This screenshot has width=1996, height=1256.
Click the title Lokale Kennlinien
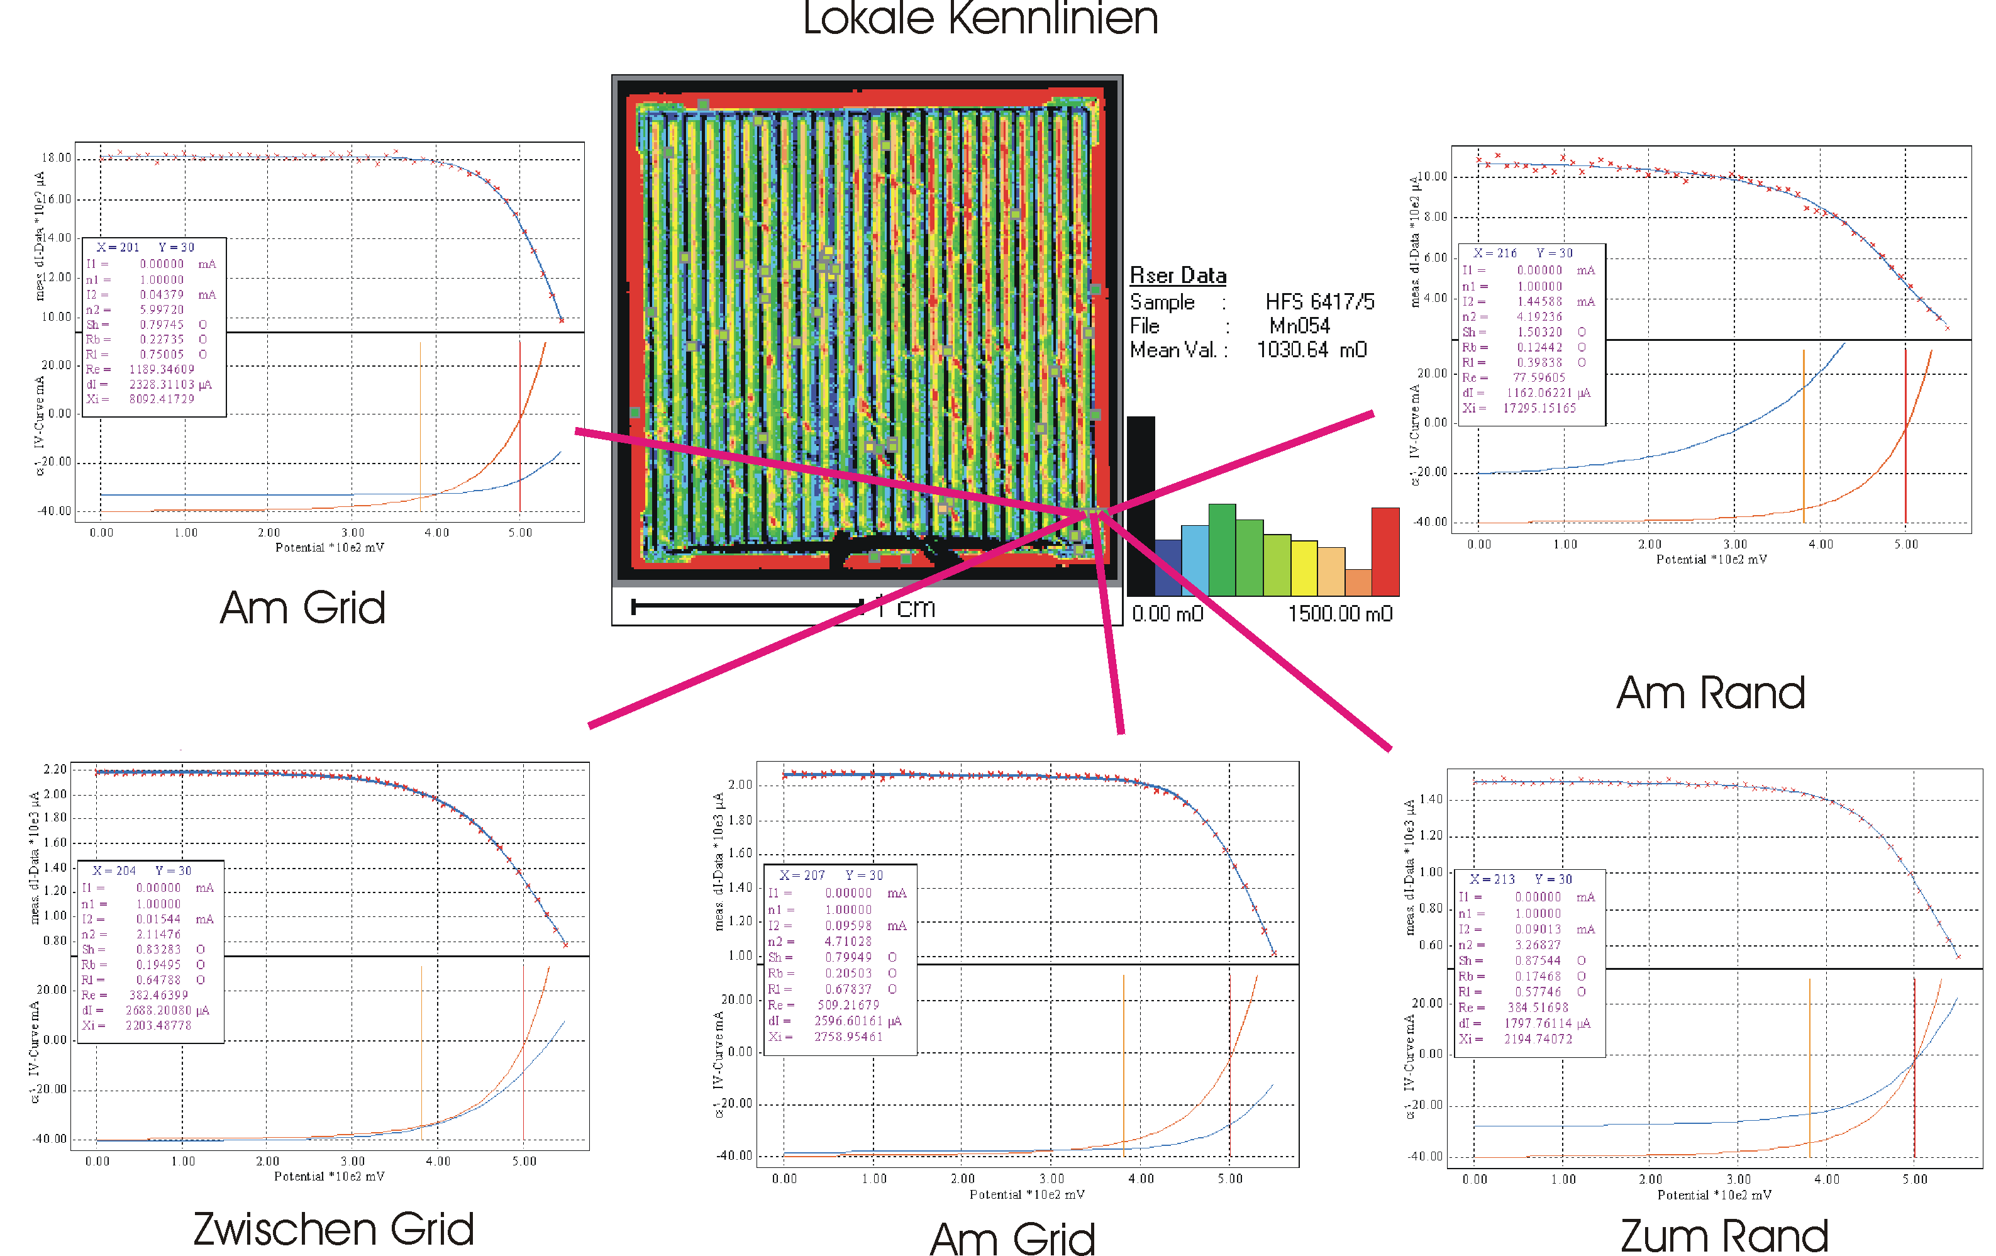click(980, 18)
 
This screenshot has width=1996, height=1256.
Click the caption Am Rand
click(1710, 693)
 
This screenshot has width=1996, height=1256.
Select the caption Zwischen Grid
click(333, 1230)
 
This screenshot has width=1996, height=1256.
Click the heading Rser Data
click(1177, 275)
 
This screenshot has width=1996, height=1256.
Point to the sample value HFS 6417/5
click(1319, 302)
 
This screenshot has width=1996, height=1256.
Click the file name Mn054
click(1299, 326)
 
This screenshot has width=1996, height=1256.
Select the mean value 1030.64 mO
click(1311, 350)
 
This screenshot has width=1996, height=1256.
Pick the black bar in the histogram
click(1141, 506)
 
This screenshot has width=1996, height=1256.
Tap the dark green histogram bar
click(1222, 550)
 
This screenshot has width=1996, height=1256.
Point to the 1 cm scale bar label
click(907, 608)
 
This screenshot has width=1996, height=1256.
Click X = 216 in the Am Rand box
click(1495, 253)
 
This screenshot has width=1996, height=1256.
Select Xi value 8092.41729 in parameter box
click(162, 399)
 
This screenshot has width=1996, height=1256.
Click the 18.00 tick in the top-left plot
click(57, 157)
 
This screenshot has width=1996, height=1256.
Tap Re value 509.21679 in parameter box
click(848, 1005)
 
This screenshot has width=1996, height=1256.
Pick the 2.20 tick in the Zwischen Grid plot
click(55, 769)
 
